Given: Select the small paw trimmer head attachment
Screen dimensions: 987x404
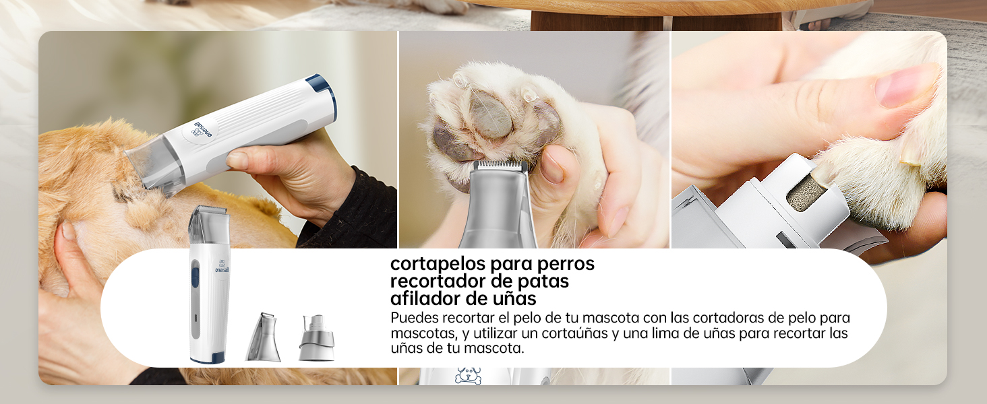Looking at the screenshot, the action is pyautogui.click(x=263, y=337).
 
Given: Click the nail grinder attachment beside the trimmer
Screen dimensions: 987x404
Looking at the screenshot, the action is pyautogui.click(x=316, y=338).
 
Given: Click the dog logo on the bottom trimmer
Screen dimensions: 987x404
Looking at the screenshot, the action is pyautogui.click(x=467, y=376).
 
